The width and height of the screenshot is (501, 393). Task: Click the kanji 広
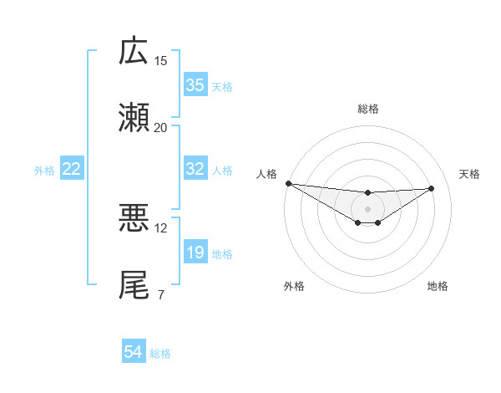[134, 52]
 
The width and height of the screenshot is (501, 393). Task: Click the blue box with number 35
[195, 85]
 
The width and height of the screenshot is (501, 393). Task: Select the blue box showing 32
[195, 169]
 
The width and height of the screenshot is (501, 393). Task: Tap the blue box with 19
[195, 253]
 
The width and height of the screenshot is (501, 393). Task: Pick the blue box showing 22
[72, 169]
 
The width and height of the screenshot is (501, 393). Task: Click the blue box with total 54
[134, 353]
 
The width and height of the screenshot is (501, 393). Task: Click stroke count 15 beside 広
[161, 60]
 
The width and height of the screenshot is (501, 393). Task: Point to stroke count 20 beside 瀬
[161, 127]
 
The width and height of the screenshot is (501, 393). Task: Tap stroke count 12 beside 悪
[161, 227]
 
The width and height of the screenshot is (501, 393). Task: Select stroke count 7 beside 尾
[160, 294]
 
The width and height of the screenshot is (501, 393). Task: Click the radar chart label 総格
[368, 109]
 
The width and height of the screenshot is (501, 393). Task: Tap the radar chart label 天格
[469, 174]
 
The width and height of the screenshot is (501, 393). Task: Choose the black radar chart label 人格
[266, 174]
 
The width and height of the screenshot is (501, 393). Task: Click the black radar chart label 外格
[294, 286]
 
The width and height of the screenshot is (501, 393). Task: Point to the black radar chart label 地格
[438, 286]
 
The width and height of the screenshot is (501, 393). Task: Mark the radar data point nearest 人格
[288, 183]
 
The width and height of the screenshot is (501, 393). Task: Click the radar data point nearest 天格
[432, 188]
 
